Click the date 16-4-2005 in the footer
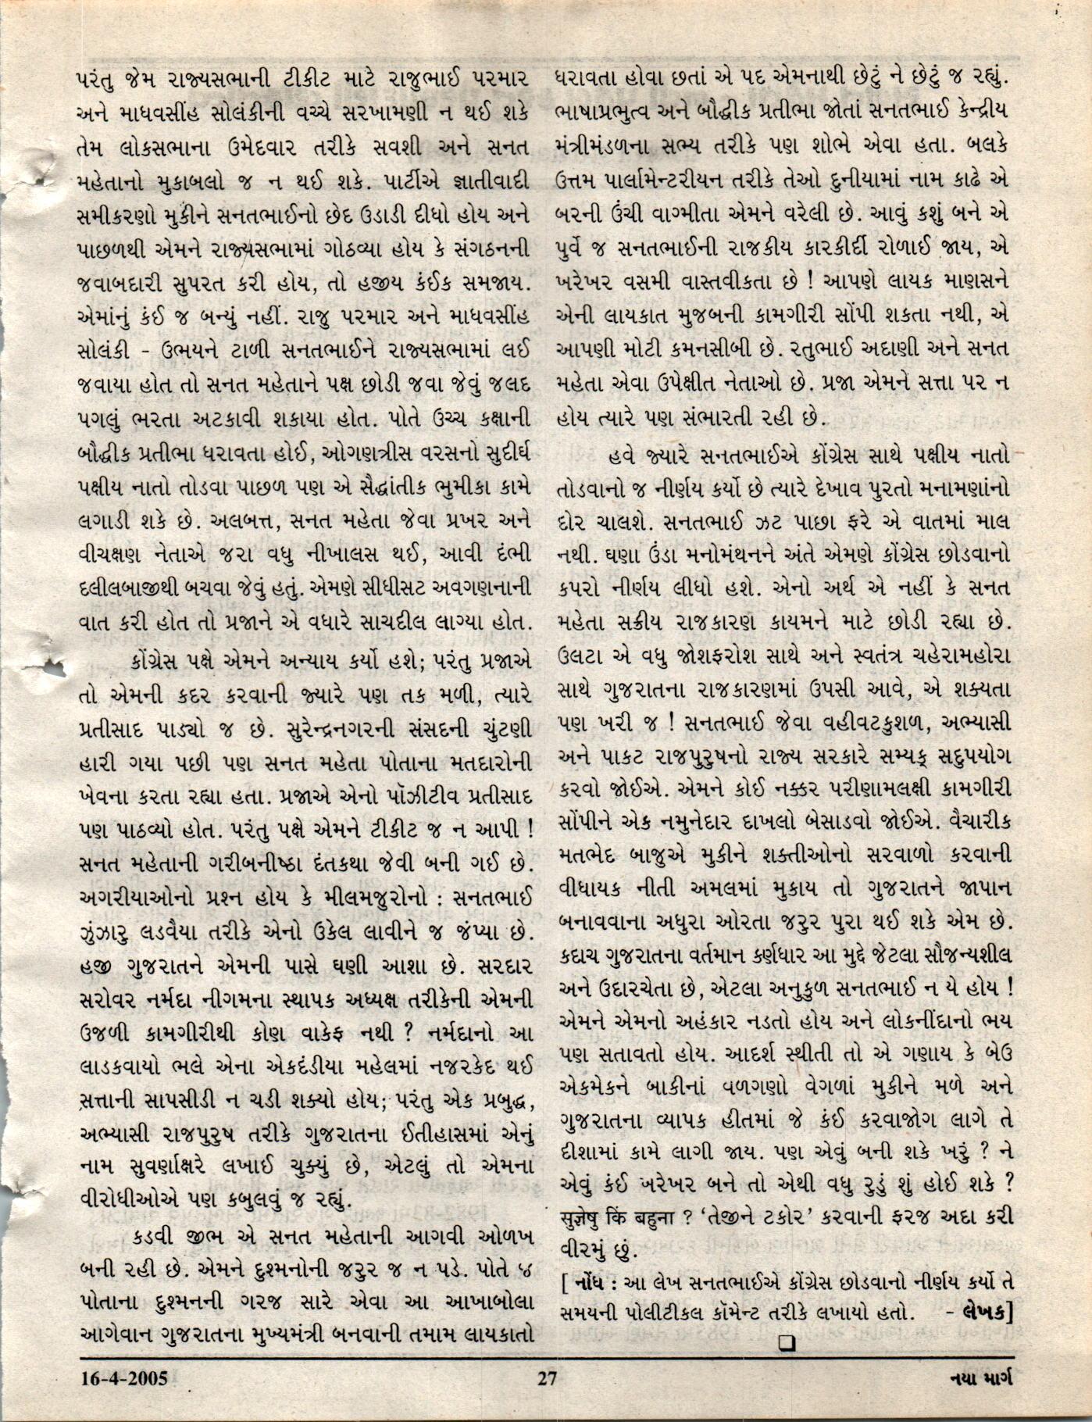pos(123,1377)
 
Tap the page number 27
pos(547,1377)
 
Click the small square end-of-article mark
pos(787,1342)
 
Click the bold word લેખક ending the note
pos(984,1313)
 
